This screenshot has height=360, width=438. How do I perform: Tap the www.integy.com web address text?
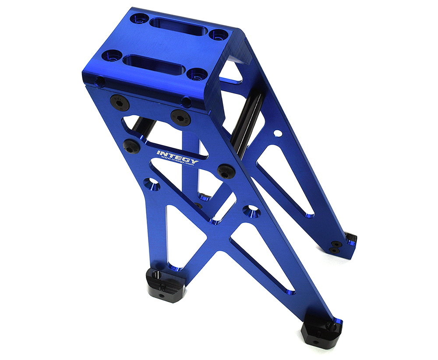177,162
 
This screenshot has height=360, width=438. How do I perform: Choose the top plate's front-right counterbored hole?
198,74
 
